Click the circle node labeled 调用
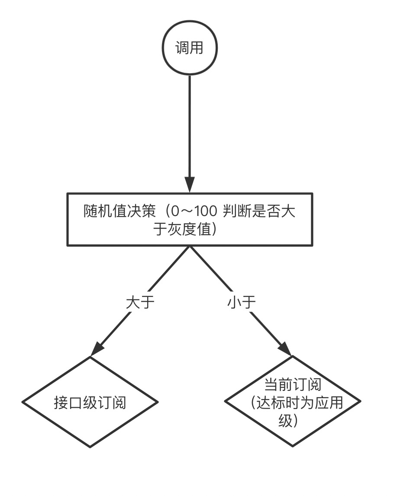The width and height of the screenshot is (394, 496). (189, 48)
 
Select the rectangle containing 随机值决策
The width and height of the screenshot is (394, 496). (190, 219)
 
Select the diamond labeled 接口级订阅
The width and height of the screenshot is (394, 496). (90, 402)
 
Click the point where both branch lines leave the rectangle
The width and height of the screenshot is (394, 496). (190, 247)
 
